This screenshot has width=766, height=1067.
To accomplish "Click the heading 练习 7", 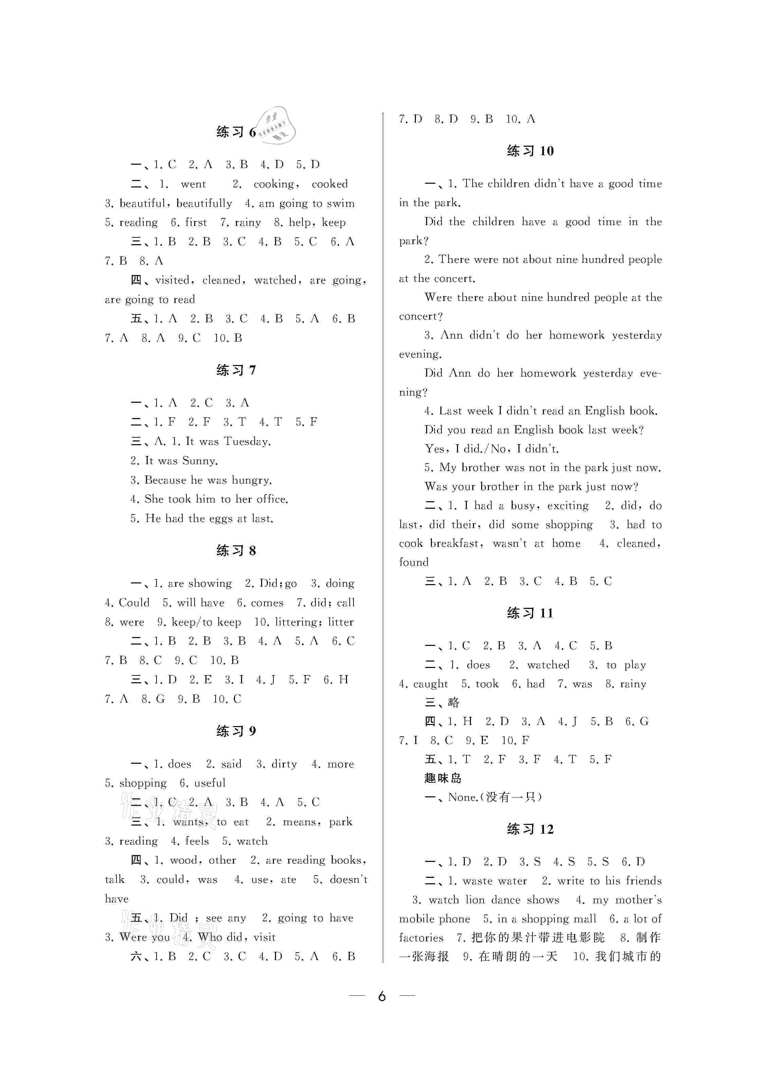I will (236, 370).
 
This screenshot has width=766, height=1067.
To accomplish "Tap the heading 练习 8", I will (236, 550).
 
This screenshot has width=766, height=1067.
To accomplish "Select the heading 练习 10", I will (530, 151).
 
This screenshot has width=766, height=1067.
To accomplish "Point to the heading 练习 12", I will (530, 829).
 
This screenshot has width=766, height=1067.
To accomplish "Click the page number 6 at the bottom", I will (382, 995).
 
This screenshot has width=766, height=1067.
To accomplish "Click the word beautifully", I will (204, 203).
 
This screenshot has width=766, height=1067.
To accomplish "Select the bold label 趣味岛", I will (443, 778).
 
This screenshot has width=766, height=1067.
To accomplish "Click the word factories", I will (421, 938).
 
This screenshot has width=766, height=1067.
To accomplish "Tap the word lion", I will (475, 900).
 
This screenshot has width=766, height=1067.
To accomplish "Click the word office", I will (272, 499).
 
